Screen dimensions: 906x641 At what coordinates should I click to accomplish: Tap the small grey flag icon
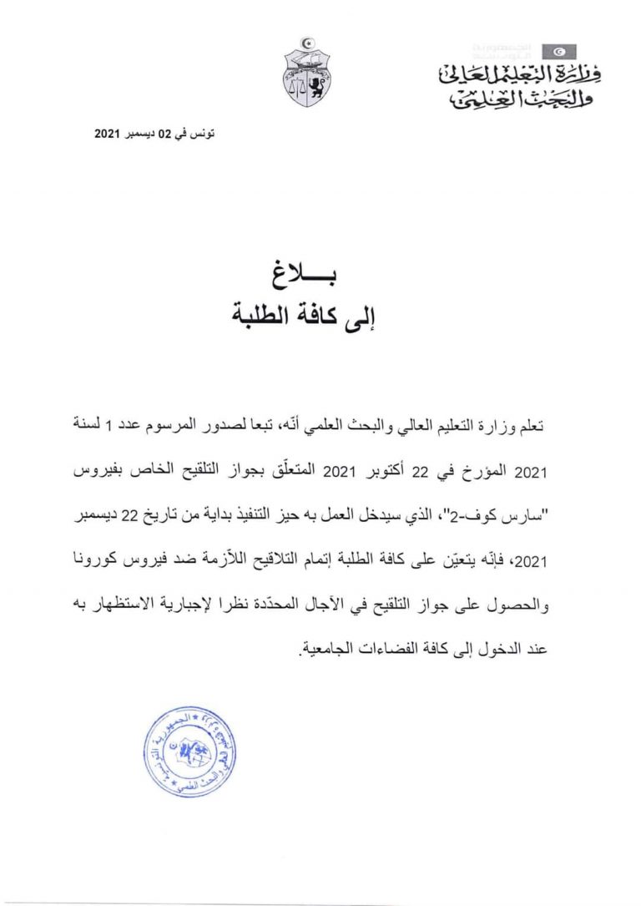tap(558, 53)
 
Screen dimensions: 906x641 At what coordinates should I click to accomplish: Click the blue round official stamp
tap(185, 750)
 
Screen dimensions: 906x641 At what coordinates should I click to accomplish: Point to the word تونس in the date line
tap(204, 134)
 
